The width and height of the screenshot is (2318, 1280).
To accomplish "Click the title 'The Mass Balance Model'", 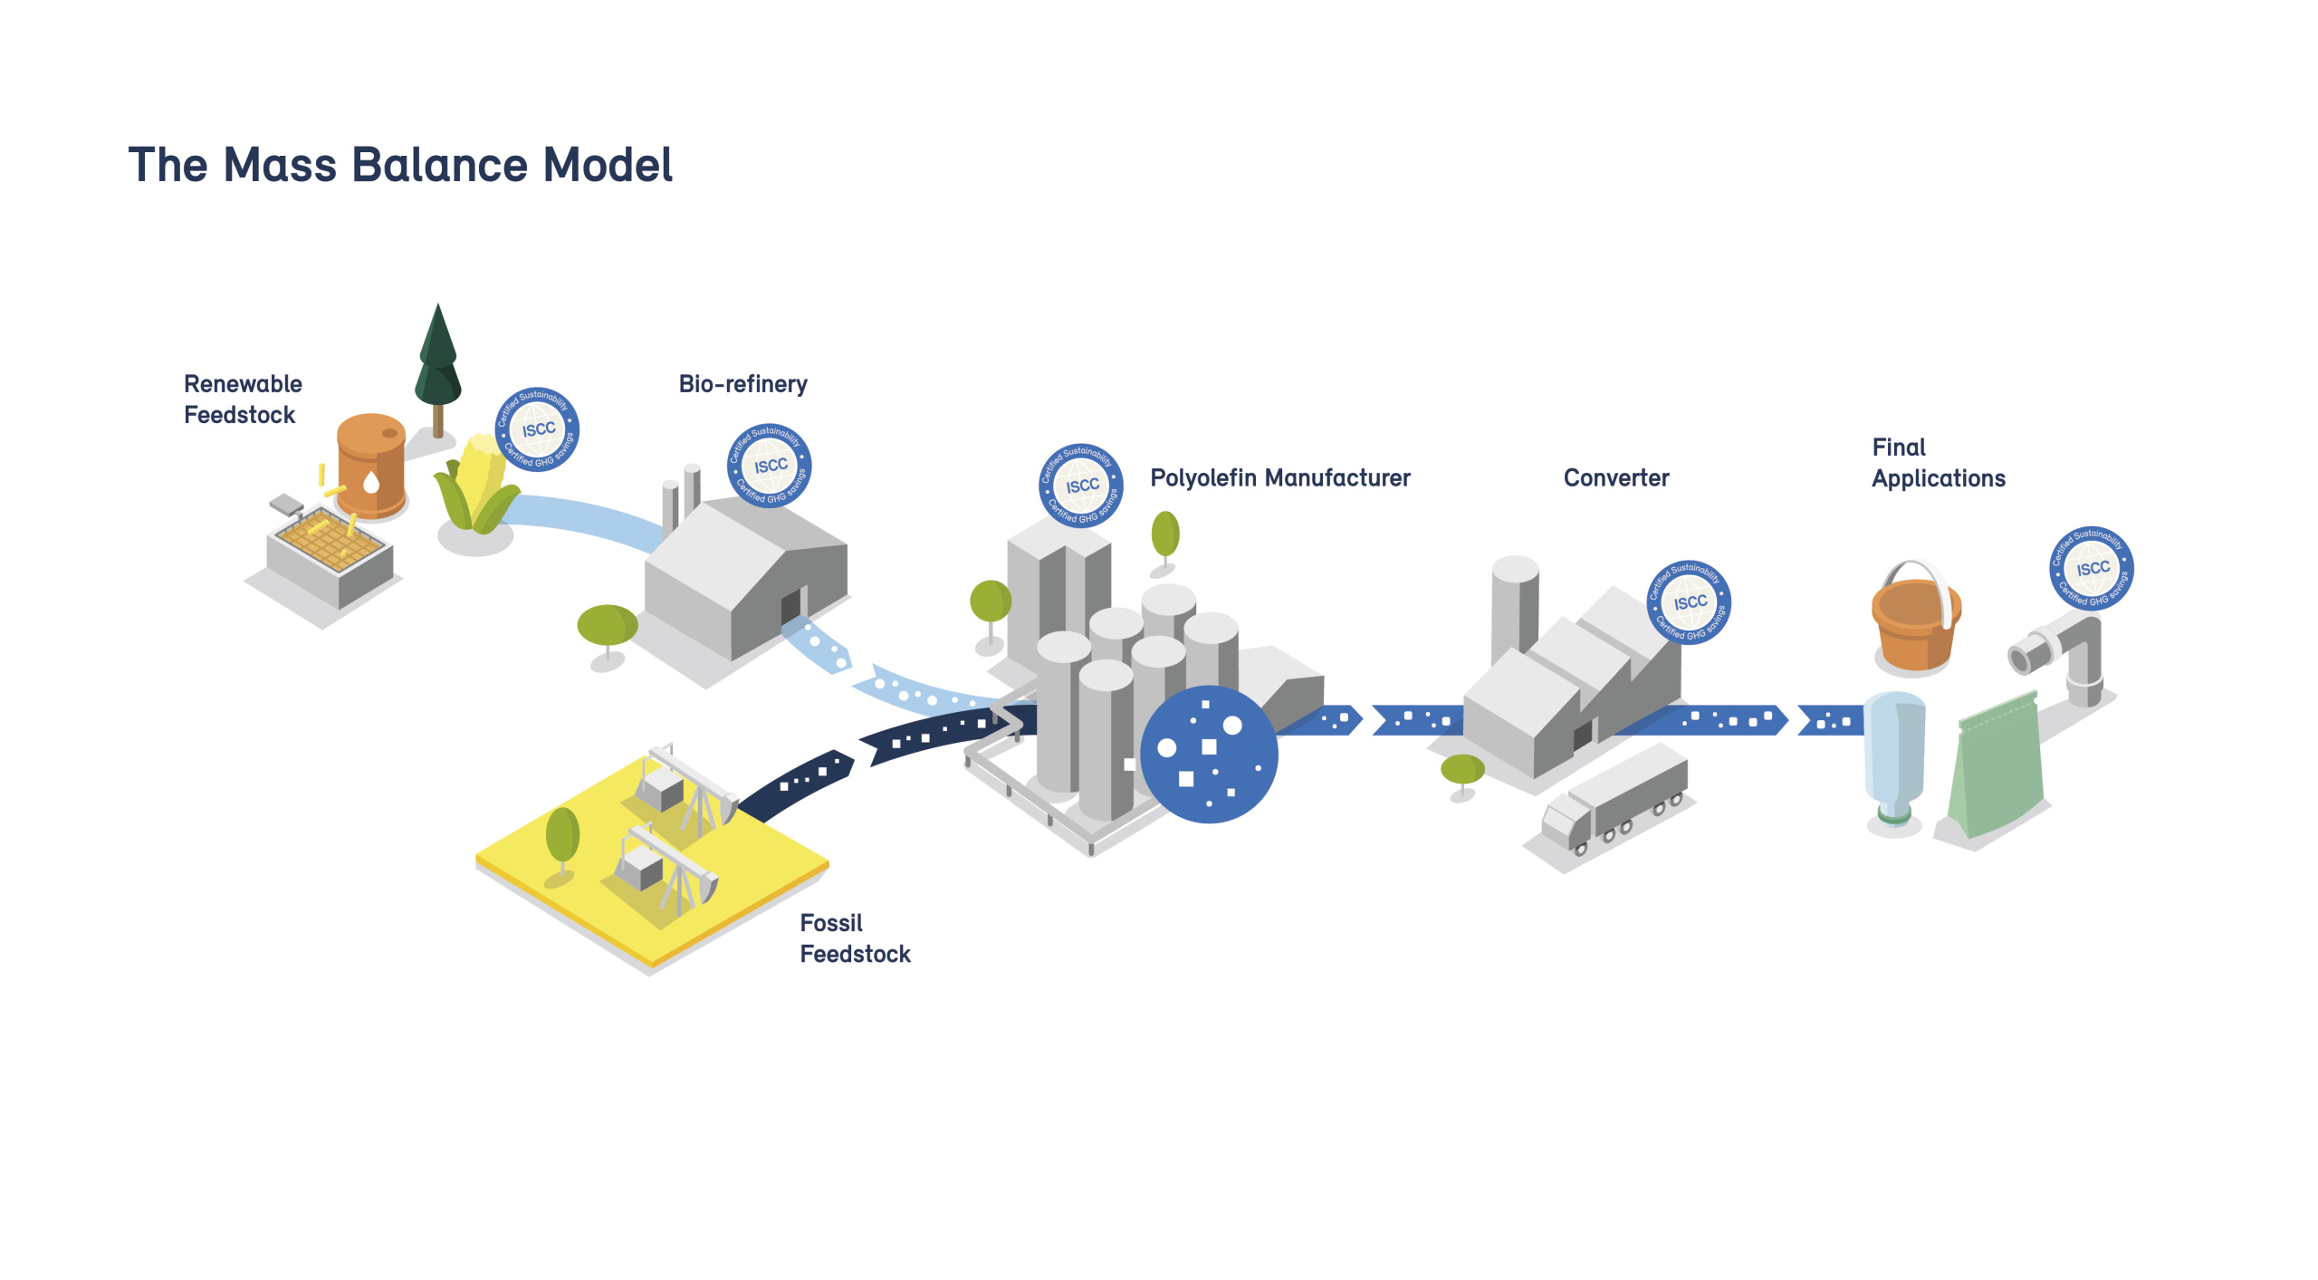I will [400, 165].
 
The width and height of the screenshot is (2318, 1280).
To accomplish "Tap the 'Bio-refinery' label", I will [742, 384].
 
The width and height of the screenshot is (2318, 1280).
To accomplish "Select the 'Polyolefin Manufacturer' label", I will [1279, 477].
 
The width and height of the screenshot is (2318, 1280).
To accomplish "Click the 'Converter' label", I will [1615, 477].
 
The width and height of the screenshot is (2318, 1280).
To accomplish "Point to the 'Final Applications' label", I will [1938, 463].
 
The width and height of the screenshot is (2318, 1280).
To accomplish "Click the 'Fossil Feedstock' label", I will [854, 938].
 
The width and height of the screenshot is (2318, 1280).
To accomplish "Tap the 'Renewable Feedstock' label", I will [242, 399].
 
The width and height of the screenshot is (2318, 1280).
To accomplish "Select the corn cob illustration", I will [478, 485].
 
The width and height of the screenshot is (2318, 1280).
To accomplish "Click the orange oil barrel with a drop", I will [371, 466].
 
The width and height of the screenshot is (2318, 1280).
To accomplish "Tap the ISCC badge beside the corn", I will [537, 429].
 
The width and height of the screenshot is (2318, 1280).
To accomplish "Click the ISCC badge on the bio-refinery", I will [770, 466].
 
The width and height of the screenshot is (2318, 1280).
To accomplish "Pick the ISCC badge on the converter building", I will [1689, 602].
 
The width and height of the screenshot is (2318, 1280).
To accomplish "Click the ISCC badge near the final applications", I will [2092, 568].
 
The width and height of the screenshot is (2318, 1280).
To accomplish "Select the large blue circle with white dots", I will [1209, 754].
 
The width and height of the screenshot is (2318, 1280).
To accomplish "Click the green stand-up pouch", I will [1997, 770].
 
